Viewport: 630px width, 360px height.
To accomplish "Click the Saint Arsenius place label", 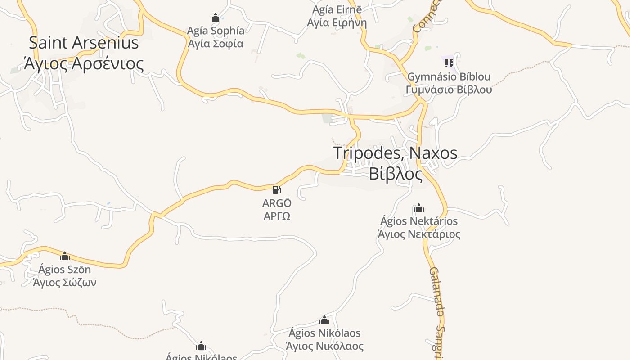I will tap(84, 43).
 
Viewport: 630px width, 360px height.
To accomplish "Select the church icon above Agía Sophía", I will tap(216, 18).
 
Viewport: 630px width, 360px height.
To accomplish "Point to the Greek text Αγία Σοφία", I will tap(216, 44).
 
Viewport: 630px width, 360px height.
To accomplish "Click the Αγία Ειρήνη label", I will tap(337, 22).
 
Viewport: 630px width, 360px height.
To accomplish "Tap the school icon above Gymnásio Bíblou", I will tap(449, 63).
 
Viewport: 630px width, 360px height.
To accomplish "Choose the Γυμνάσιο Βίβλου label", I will tap(449, 90).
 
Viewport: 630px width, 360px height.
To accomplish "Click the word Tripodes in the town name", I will tap(367, 153).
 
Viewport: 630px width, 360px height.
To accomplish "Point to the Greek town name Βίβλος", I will tap(396, 174).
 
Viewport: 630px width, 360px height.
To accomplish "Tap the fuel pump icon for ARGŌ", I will tap(277, 190).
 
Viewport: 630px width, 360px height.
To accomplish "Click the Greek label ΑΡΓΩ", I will tap(277, 216).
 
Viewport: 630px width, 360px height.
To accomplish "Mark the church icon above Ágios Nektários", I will tap(419, 208).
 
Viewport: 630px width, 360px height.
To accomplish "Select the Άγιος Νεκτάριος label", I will tap(419, 234).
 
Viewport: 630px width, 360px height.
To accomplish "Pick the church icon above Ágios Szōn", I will tap(65, 256).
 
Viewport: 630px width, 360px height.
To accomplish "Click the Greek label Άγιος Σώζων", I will tap(65, 283).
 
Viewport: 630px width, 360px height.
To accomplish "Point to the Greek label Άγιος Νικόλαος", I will tap(324, 346).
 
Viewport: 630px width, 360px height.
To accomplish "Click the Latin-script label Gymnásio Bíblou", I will tap(449, 77).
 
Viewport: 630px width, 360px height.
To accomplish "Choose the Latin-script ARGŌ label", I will tap(277, 203).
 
